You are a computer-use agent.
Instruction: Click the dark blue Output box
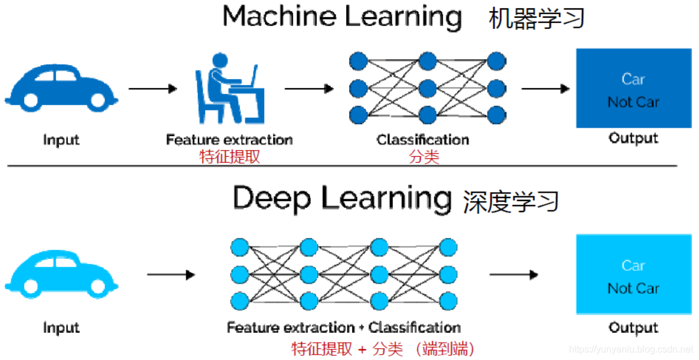coord(633,88)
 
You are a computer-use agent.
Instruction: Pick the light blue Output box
coord(633,274)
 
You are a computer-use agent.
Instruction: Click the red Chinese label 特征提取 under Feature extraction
coord(229,157)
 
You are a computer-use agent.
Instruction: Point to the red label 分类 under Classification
coord(424,157)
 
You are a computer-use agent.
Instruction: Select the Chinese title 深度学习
coord(511,201)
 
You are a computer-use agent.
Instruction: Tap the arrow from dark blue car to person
coord(152,89)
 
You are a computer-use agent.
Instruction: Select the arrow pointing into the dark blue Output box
coord(545,89)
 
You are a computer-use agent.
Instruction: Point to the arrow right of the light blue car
coord(171,275)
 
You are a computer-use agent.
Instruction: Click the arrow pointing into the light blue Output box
coord(513,275)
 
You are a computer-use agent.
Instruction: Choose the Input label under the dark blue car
coord(61,140)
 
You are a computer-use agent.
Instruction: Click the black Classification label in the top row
coord(423,140)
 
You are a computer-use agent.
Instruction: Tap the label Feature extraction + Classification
coord(343,327)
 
